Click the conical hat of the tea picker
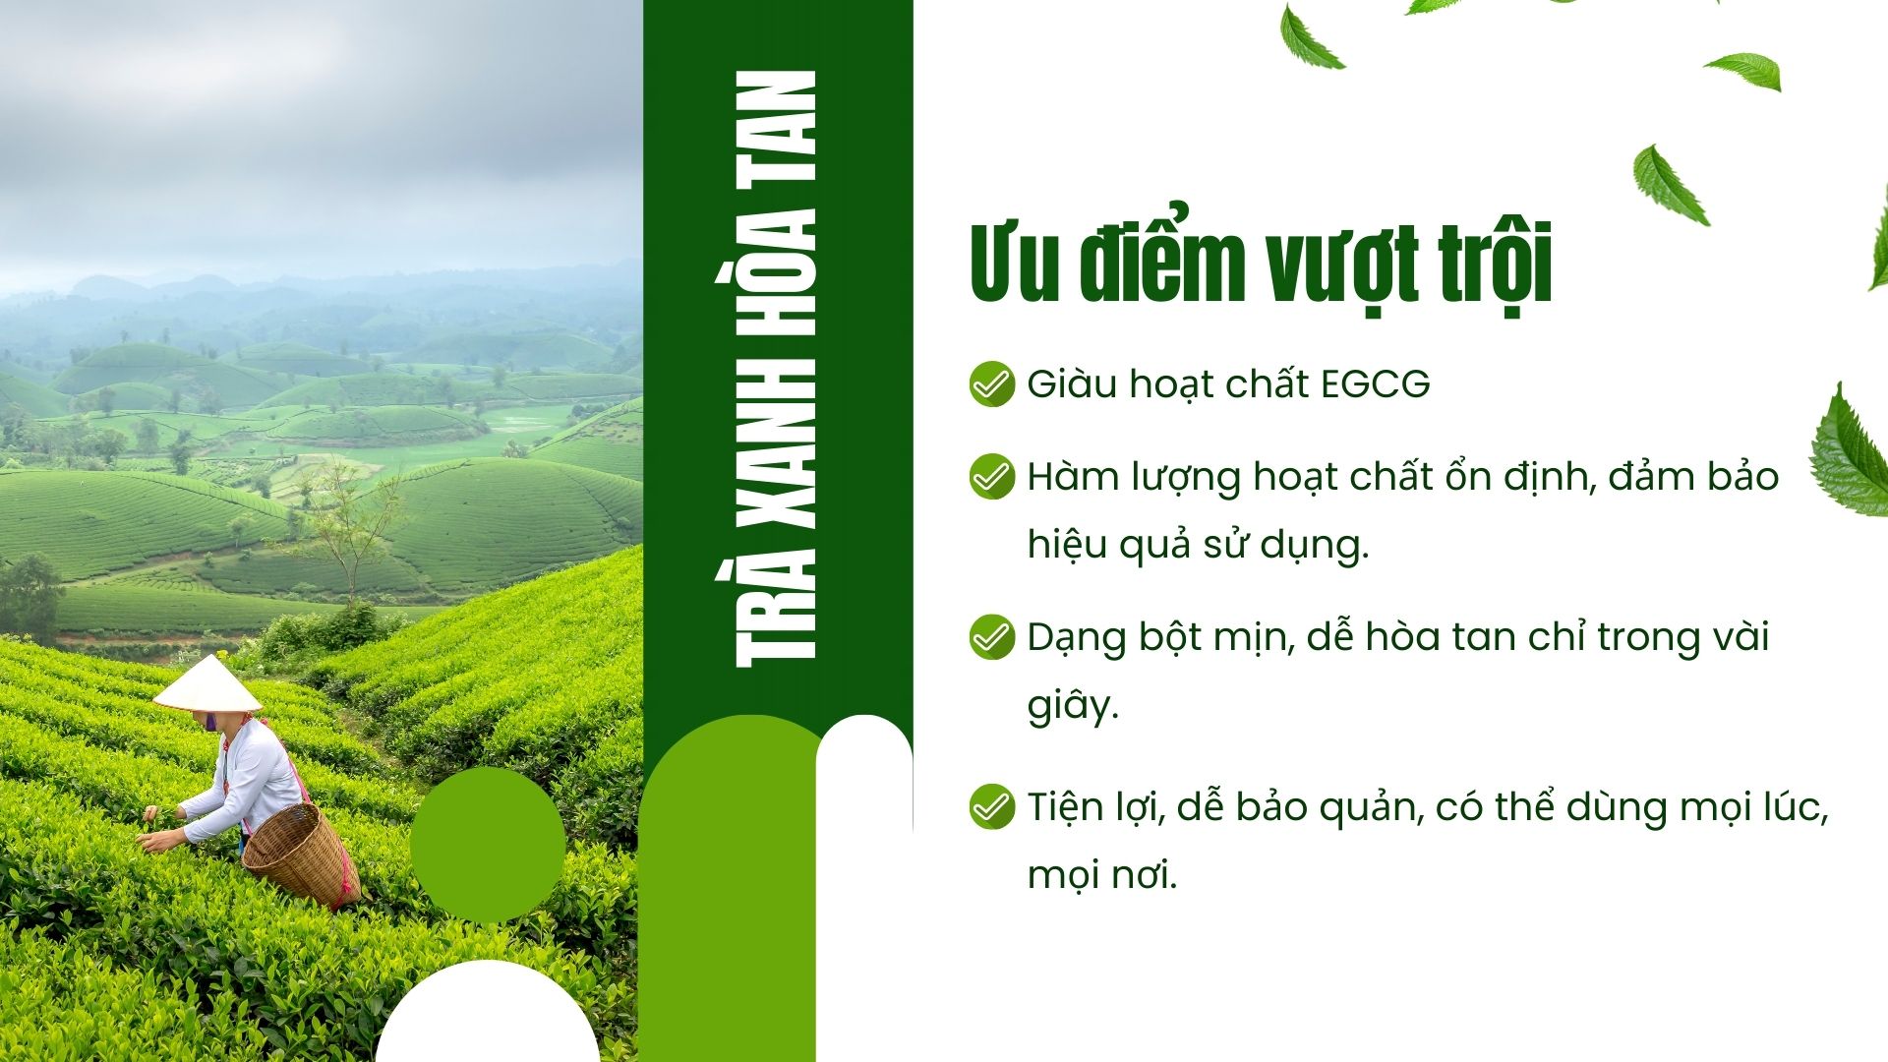pyautogui.click(x=207, y=684)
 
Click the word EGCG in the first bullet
pyautogui.click(x=1375, y=384)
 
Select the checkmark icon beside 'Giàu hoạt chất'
pyautogui.click(x=991, y=384)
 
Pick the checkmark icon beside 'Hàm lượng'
pyautogui.click(x=991, y=477)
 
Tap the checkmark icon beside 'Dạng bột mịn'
pyautogui.click(x=991, y=637)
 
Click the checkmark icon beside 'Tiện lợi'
pyautogui.click(x=991, y=807)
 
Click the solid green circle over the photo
pyautogui.click(x=487, y=844)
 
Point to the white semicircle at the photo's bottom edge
pyautogui.click(x=487, y=1018)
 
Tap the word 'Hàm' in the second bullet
pyautogui.click(x=1070, y=477)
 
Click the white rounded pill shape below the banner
pyautogui.click(x=863, y=787)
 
